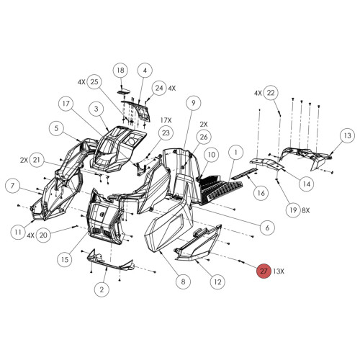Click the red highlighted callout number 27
264,271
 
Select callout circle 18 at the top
121,70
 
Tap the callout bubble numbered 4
144,70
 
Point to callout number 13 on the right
346,135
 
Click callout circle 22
270,93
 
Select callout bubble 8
183,282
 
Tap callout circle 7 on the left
12,186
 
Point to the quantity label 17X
166,120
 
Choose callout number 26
204,137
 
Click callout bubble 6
266,228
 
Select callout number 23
166,133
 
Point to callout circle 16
260,192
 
